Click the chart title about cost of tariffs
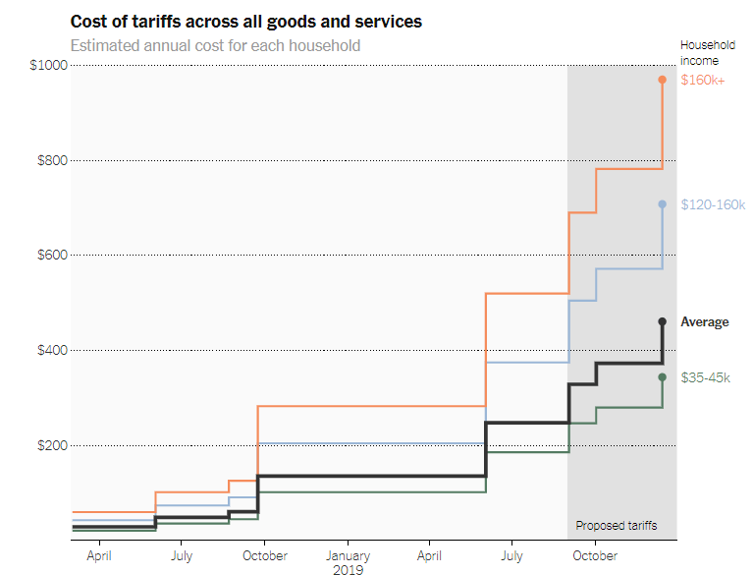tap(246, 21)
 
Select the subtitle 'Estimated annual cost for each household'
tap(215, 45)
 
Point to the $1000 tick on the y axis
tap(48, 65)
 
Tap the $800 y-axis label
tap(51, 160)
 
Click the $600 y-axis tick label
tap(51, 256)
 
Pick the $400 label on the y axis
tap(51, 351)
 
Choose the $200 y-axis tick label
tap(51, 445)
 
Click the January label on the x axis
tap(348, 555)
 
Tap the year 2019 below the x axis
tap(348, 569)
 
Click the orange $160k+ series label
tap(702, 80)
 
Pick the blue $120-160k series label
tap(713, 204)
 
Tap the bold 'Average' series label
tap(705, 321)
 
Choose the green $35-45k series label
tap(705, 377)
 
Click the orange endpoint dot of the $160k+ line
tap(663, 80)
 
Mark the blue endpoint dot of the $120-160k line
tap(663, 204)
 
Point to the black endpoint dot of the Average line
tap(663, 321)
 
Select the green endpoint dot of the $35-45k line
tap(663, 377)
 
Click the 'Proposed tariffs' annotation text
tap(616, 526)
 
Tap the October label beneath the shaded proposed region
tap(595, 555)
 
